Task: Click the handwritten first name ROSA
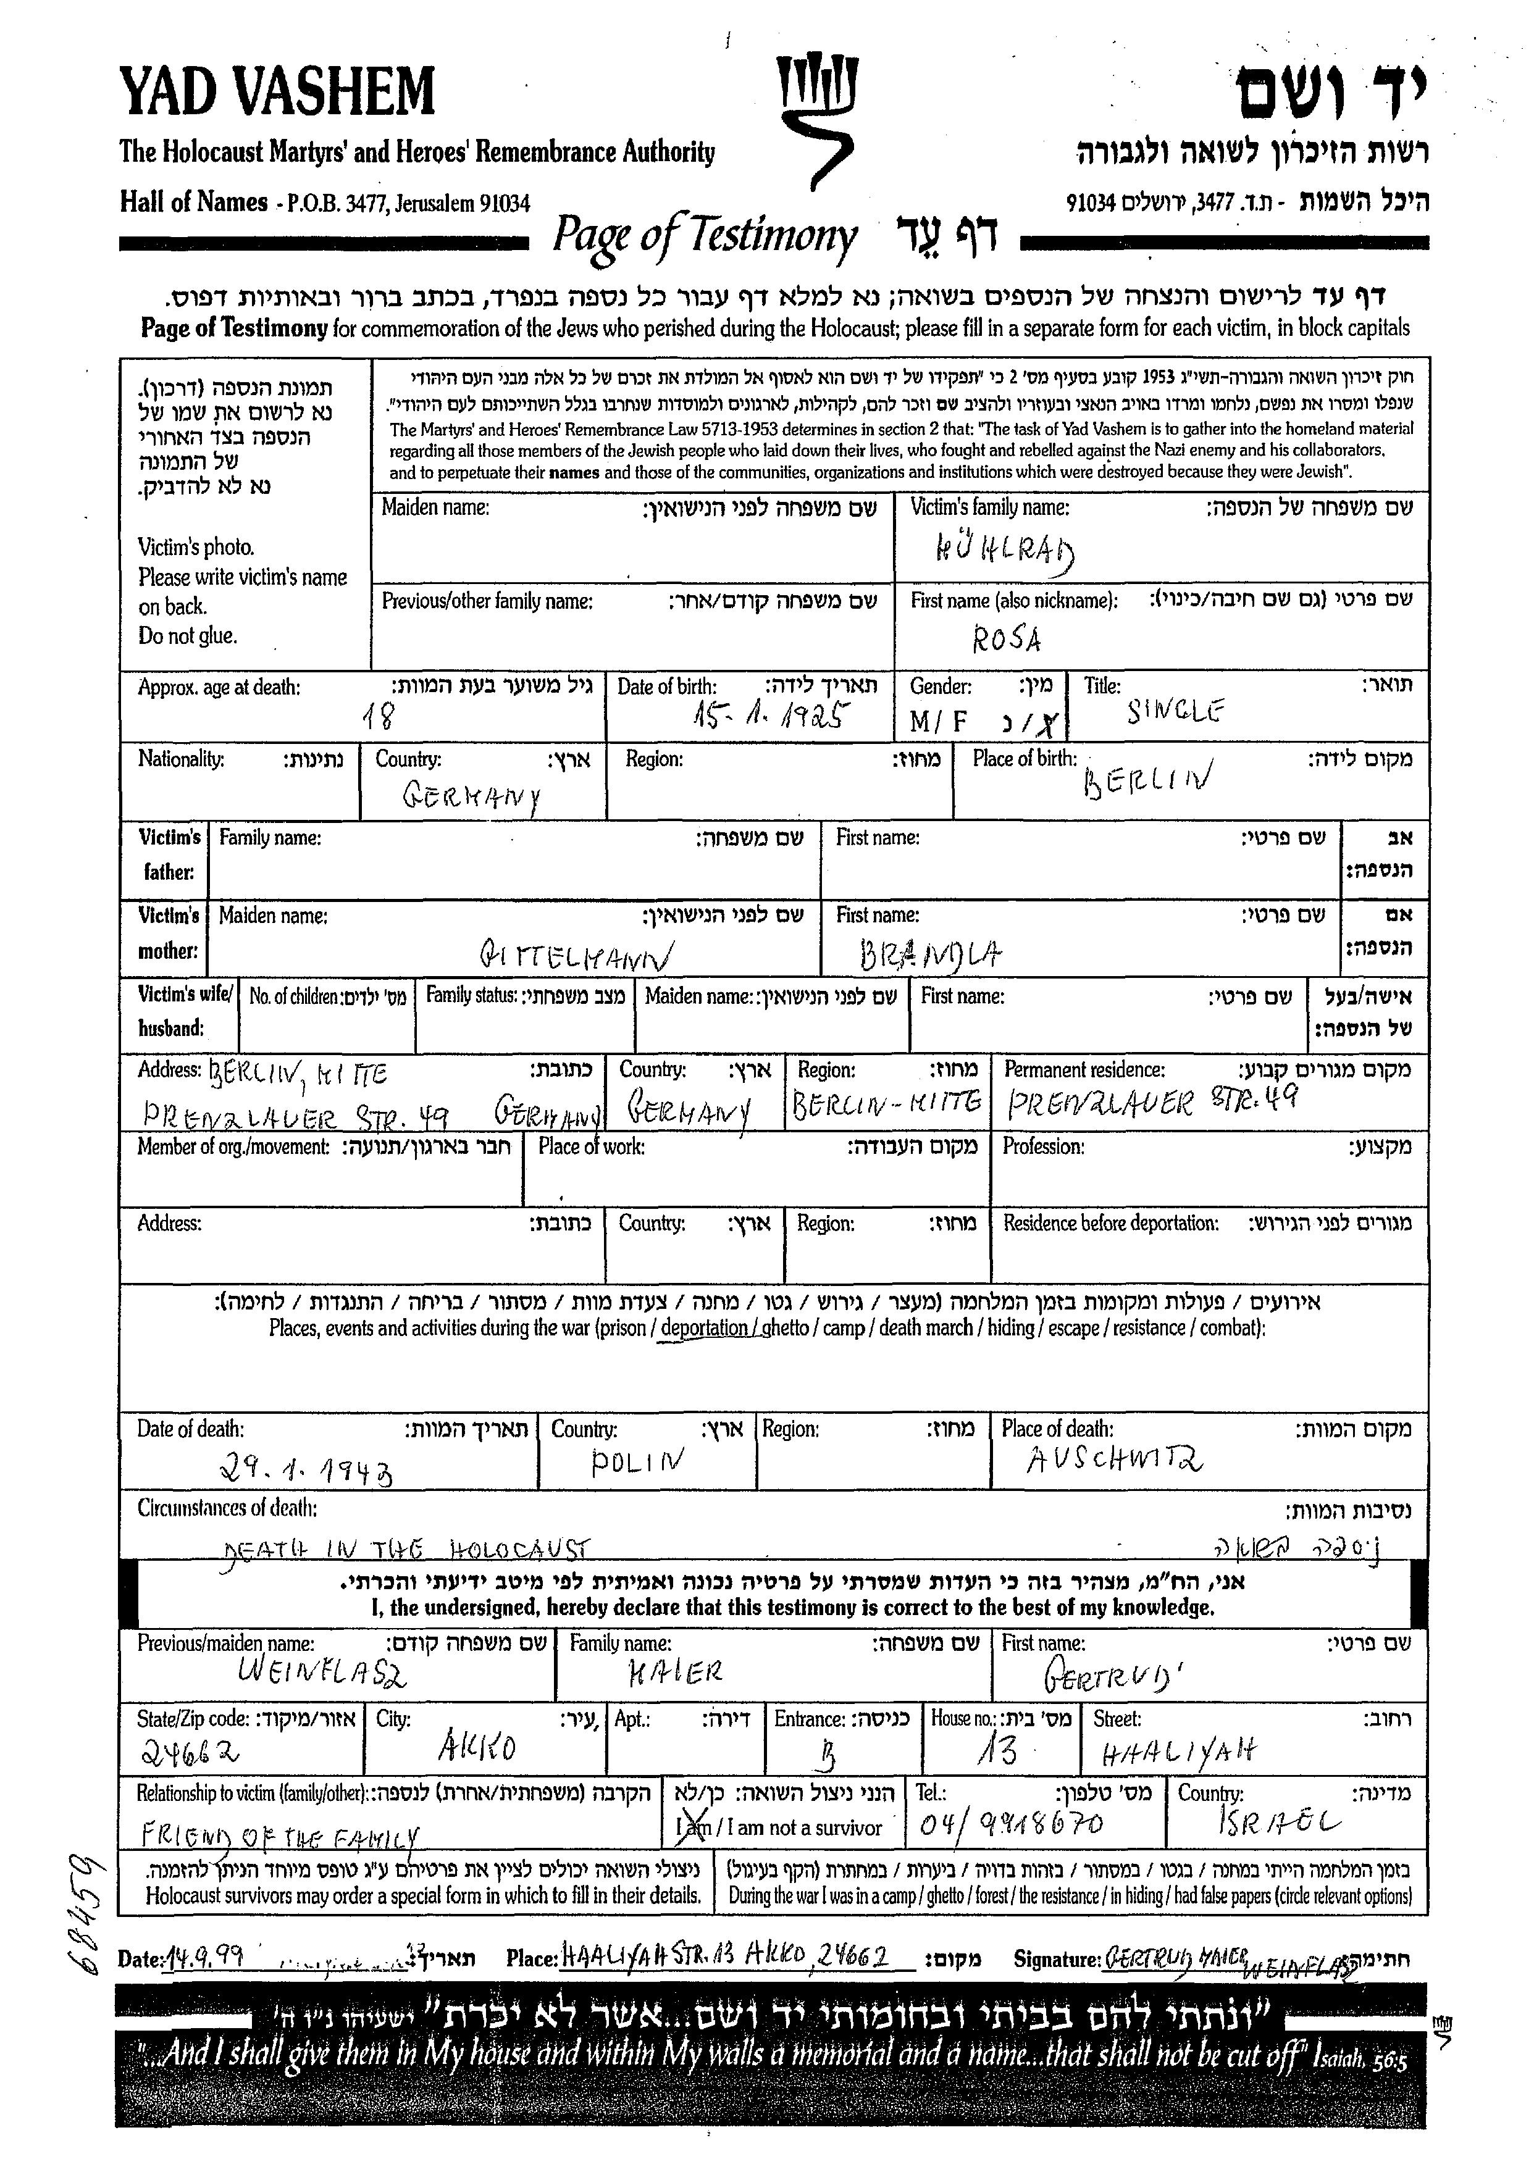pos(1007,640)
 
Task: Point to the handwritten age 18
pos(379,718)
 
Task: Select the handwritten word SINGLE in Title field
pos(1175,709)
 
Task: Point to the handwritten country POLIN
pos(637,1463)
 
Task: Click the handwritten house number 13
pos(997,1750)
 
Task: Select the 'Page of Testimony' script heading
pos(705,236)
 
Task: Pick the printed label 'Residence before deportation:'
pos(1110,1224)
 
